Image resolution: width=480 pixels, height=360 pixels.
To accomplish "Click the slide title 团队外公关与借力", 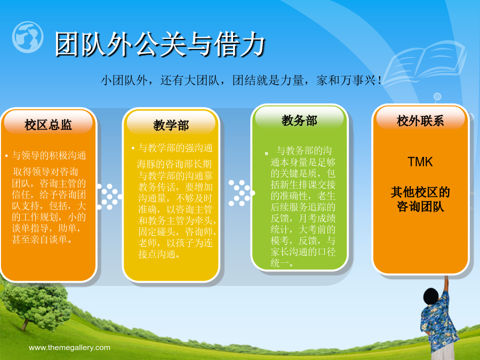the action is coord(159,44).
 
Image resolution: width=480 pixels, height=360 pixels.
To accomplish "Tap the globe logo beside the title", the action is coord(28,37).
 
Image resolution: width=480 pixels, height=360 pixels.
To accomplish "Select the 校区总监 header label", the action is coord(49,125).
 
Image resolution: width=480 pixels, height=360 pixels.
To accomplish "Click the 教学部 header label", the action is coord(171,125).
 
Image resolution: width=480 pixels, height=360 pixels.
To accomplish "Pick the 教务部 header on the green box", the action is coord(299,121).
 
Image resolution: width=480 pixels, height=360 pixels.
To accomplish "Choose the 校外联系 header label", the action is coord(420,121).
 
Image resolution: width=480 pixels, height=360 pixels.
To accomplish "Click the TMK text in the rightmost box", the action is coord(420,162).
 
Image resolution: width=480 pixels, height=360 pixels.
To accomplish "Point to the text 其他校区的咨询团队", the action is coord(420,199).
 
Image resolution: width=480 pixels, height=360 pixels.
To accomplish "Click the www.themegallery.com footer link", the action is coord(69,348).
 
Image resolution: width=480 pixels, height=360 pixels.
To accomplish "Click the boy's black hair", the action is coord(431,297).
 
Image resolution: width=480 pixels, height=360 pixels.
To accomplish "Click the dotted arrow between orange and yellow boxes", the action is coord(109,197).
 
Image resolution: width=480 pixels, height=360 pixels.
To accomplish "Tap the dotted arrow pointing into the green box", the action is coord(242,193).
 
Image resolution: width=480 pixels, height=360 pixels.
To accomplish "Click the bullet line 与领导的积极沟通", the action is coord(49,156).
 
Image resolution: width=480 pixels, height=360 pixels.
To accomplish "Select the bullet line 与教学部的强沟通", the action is coord(175,148).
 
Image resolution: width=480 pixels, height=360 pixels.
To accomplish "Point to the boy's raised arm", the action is coord(445,286).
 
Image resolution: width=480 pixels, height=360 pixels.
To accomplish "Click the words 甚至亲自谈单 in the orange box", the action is coord(39,239).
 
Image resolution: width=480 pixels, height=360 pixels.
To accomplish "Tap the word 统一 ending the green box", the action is coord(279,262).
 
